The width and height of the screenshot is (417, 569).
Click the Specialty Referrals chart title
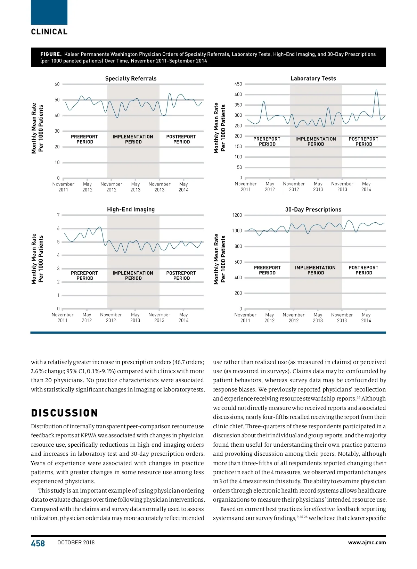[x=131, y=79]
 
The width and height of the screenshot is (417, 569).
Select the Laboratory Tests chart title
[x=313, y=79]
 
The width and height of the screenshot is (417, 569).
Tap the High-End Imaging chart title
[x=131, y=209]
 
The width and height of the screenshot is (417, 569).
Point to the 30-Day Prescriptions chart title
[x=313, y=209]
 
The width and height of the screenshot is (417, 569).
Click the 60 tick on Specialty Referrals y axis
[x=57, y=84]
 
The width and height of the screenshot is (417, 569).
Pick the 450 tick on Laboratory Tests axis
[x=238, y=84]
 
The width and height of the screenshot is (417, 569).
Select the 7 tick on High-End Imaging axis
[x=58, y=215]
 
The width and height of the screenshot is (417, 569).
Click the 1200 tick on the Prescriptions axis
[x=237, y=215]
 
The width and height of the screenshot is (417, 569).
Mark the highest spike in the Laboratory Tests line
[x=376, y=90]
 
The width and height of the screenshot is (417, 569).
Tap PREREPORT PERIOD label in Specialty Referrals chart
[x=84, y=139]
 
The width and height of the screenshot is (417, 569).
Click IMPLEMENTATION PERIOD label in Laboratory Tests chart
[x=316, y=141]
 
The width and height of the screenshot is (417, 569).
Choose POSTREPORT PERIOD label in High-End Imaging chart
[x=181, y=275]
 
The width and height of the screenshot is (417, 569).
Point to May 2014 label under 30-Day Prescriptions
[x=366, y=318]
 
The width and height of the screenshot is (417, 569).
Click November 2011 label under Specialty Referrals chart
[x=63, y=187]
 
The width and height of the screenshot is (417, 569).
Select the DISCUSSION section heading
[x=65, y=413]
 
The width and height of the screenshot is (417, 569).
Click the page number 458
[x=38, y=543]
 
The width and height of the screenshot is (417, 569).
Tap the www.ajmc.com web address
[x=367, y=543]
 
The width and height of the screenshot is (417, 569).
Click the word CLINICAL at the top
[x=49, y=32]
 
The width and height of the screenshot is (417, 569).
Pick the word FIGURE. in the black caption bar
[x=51, y=54]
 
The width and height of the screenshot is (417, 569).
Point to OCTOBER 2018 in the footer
[x=76, y=543]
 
